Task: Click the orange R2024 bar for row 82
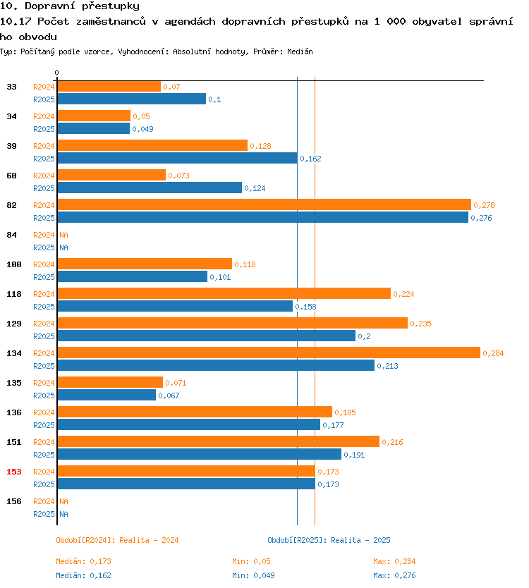click(x=264, y=204)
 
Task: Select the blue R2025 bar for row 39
click(x=178, y=158)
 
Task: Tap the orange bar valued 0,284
click(x=269, y=353)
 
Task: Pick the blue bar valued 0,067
click(x=107, y=396)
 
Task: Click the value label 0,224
click(x=403, y=295)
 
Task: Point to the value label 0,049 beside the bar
click(x=142, y=130)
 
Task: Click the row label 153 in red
click(x=14, y=472)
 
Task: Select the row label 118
click(x=14, y=294)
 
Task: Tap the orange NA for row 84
click(x=63, y=235)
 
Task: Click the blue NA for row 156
click(x=63, y=514)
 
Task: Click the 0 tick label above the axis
click(x=56, y=73)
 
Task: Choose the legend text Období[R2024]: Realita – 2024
click(x=117, y=540)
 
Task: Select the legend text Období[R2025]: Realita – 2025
click(x=329, y=540)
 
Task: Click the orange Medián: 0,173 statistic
click(x=84, y=561)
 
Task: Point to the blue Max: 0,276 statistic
click(x=394, y=575)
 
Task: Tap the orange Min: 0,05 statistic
click(x=251, y=561)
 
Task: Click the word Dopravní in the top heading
click(x=50, y=6)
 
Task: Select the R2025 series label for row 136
click(x=44, y=425)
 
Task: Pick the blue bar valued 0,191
click(x=200, y=455)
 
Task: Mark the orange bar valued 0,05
click(x=95, y=116)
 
